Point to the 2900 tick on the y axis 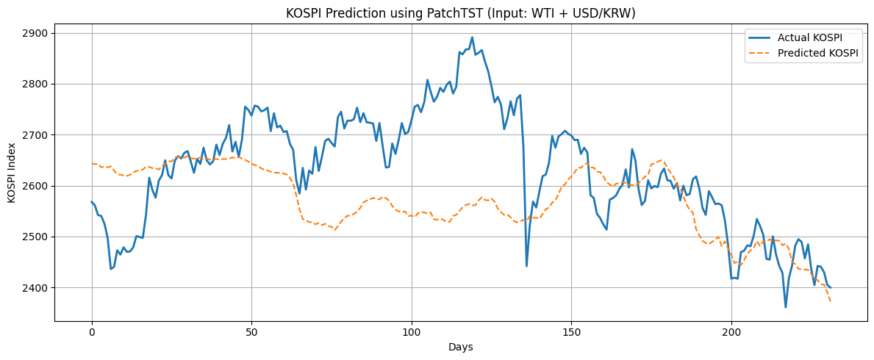[x=40, y=34]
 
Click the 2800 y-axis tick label [x=40, y=84]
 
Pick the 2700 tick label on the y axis [x=40, y=135]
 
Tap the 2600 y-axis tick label [x=40, y=186]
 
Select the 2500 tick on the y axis [x=40, y=237]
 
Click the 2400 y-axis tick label [x=40, y=287]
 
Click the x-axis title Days [x=460, y=348]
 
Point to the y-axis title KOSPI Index [x=12, y=173]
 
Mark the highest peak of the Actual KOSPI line [x=472, y=37]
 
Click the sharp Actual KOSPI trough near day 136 [x=527, y=266]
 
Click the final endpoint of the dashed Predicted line [x=831, y=301]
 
